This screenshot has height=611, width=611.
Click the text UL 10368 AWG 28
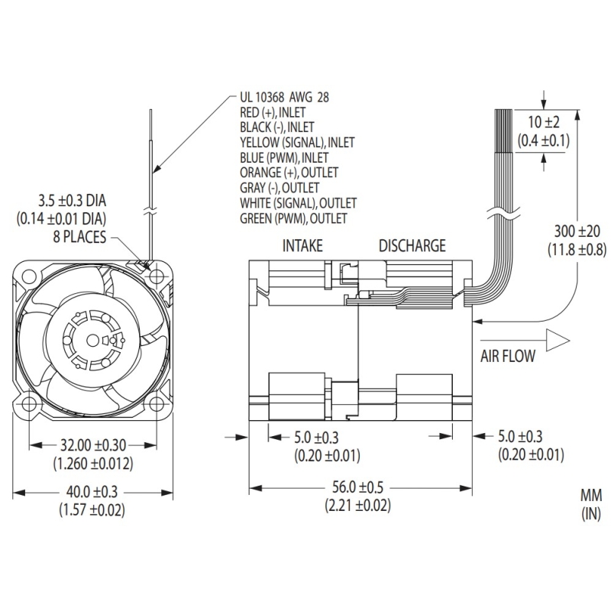pyautogui.click(x=285, y=98)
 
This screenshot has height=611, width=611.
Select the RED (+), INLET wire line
pyautogui.click(x=273, y=112)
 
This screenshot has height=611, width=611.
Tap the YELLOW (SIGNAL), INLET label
pyautogui.click(x=297, y=142)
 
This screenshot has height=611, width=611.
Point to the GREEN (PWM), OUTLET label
pyautogui.click(x=293, y=218)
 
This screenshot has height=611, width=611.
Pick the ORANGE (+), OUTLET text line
pyautogui.click(x=289, y=173)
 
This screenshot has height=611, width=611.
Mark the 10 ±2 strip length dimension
pyautogui.click(x=543, y=123)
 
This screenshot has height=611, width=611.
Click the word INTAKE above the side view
pyautogui.click(x=302, y=246)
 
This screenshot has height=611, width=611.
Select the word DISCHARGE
pyautogui.click(x=412, y=246)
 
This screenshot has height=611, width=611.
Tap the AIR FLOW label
pyautogui.click(x=508, y=354)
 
